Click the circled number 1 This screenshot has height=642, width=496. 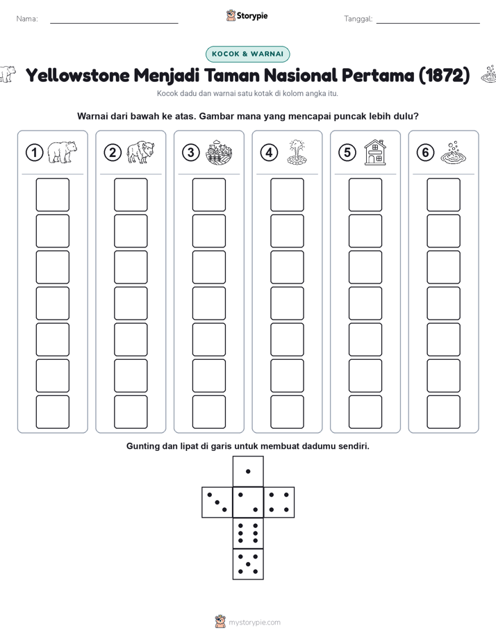(34, 153)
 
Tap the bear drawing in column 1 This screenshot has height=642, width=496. (63, 152)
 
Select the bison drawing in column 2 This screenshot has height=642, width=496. (140, 152)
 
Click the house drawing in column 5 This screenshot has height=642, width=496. (375, 152)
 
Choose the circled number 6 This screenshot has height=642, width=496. (426, 153)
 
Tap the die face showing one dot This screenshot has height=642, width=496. (248, 471)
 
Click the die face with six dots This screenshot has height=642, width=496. (248, 533)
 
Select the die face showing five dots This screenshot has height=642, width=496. (248, 564)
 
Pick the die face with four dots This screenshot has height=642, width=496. (279, 502)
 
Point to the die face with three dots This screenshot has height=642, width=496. (217, 502)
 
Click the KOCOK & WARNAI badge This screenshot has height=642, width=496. (247, 54)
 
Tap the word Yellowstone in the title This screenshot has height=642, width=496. (78, 75)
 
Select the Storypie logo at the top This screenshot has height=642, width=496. (247, 16)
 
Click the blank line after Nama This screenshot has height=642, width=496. (114, 24)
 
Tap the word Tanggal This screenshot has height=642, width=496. (358, 19)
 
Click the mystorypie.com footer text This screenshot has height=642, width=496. (254, 623)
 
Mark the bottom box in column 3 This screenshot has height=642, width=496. (208, 412)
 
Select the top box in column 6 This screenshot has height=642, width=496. (444, 195)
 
